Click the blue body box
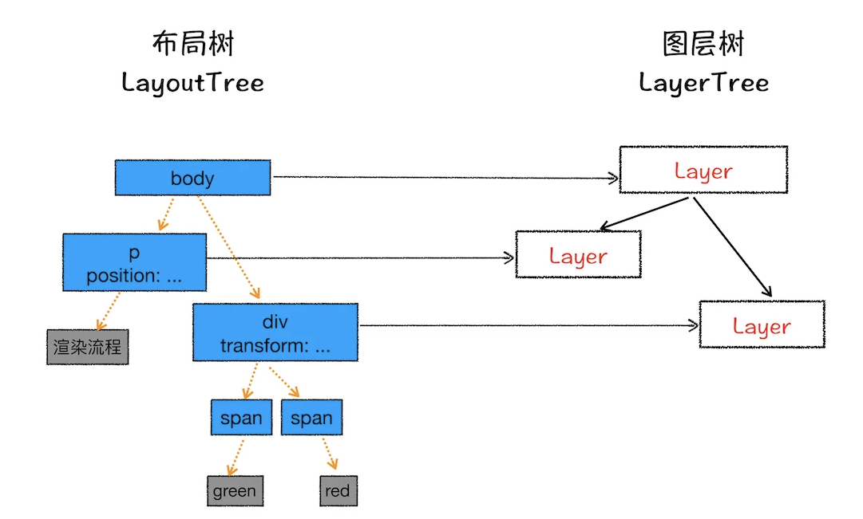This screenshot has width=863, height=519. pyautogui.click(x=192, y=178)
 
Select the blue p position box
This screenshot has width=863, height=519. pyautogui.click(x=135, y=262)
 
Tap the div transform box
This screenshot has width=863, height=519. pyautogui.click(x=275, y=332)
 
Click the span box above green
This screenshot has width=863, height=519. pyautogui.click(x=241, y=417)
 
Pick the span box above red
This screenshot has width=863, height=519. pyautogui.click(x=311, y=417)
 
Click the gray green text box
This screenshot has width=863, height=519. pyautogui.click(x=235, y=490)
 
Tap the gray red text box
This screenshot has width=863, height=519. pyautogui.click(x=338, y=490)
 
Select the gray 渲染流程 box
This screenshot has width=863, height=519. pyautogui.click(x=88, y=347)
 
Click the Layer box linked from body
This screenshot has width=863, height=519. pyautogui.click(x=703, y=170)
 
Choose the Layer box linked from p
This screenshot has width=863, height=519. pyautogui.click(x=579, y=254)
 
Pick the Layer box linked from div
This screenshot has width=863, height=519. pyautogui.click(x=762, y=324)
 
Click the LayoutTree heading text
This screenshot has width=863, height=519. pyautogui.click(x=192, y=83)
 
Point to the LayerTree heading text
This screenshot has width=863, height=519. pyautogui.click(x=704, y=83)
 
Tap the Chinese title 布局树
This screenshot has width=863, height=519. pyautogui.click(x=193, y=43)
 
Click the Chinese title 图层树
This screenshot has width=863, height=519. pyautogui.click(x=703, y=43)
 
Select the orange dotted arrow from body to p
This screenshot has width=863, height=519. pyautogui.click(x=166, y=214)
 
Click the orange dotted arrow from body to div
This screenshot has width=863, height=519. pyautogui.click(x=228, y=247)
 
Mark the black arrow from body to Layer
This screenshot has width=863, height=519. pyautogui.click(x=445, y=177)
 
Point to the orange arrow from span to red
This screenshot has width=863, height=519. pyautogui.click(x=330, y=454)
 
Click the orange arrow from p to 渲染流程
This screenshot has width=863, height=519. pyautogui.click(x=108, y=311)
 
